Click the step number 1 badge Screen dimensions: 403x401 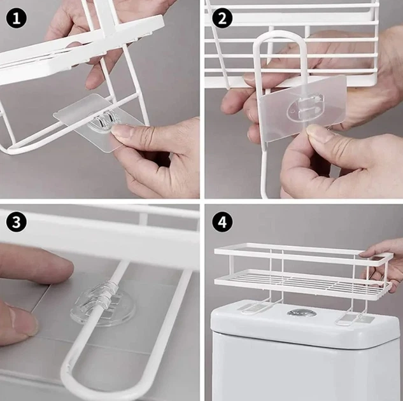pos(16,18)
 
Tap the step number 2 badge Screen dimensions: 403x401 pos(222,18)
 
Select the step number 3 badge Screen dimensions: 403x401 pos(16,222)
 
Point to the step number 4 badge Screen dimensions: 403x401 pos(222,222)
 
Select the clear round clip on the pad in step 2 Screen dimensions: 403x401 pos(305,108)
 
